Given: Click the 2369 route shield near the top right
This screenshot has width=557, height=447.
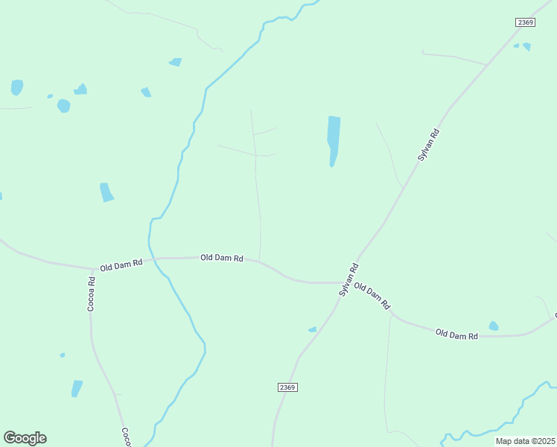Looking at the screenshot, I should pos(526,22).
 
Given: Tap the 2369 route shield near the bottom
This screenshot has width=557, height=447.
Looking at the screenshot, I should pos(288,387).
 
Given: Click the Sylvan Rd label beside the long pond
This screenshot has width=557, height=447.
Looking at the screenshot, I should pos(429,146).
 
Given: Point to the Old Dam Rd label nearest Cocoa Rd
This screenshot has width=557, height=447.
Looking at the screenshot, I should pos(121,265).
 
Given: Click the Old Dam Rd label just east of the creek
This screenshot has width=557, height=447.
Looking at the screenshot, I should pos(222,258).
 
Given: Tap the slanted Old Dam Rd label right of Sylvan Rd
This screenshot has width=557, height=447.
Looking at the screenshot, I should pos(372,296).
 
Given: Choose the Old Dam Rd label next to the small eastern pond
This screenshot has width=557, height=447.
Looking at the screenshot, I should pos(456,335).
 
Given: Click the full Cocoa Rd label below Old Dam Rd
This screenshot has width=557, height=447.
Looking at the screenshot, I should pos(92,294).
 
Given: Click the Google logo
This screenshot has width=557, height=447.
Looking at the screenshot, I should pos(25,438).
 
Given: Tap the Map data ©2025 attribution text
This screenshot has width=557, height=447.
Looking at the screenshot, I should pos(525,441).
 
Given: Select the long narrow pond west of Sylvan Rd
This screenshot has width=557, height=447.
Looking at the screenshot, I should pos(333,140).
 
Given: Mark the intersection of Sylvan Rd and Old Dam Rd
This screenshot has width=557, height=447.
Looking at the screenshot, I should pos(344,282).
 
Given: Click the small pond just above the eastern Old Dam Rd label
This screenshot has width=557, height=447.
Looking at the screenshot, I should pos(493,326).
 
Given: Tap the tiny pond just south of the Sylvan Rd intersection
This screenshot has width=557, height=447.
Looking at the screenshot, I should pos(312,329).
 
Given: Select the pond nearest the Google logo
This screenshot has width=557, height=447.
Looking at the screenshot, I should pos(77,388).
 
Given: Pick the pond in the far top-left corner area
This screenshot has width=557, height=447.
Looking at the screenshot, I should pos(16,87).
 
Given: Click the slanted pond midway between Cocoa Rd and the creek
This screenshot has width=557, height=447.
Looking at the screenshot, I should pos(106,192).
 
